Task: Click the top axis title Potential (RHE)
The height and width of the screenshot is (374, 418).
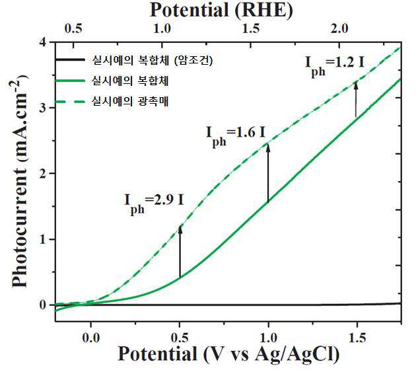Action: coord(221,11)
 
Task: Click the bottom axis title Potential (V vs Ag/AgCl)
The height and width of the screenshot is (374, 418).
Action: coord(228,354)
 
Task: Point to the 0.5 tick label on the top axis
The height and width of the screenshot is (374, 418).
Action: coord(73,28)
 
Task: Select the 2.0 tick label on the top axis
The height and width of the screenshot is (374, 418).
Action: coord(339,28)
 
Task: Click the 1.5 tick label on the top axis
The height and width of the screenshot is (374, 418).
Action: coord(250,28)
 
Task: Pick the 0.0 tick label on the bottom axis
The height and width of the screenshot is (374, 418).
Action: coord(91,338)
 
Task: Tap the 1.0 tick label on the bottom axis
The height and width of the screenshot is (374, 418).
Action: coord(269,338)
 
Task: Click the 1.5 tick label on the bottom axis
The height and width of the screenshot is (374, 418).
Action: coord(357,338)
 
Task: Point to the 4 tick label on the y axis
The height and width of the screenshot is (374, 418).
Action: coord(44,42)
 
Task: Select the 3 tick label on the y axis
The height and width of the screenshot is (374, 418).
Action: coord(44,108)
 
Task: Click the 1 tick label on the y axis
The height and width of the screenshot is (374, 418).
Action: coord(44,239)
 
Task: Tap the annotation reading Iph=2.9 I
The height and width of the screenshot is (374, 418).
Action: coord(154,204)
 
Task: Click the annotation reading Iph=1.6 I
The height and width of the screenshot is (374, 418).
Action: coord(236,135)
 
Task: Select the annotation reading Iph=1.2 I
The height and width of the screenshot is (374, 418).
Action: coord(335,66)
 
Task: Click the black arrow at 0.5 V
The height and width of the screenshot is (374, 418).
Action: coord(180,252)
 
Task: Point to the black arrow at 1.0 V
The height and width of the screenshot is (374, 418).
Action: coord(268,173)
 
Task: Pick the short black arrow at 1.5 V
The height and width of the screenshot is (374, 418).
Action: coord(356,99)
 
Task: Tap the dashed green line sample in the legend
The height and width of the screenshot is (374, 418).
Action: coord(70,102)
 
